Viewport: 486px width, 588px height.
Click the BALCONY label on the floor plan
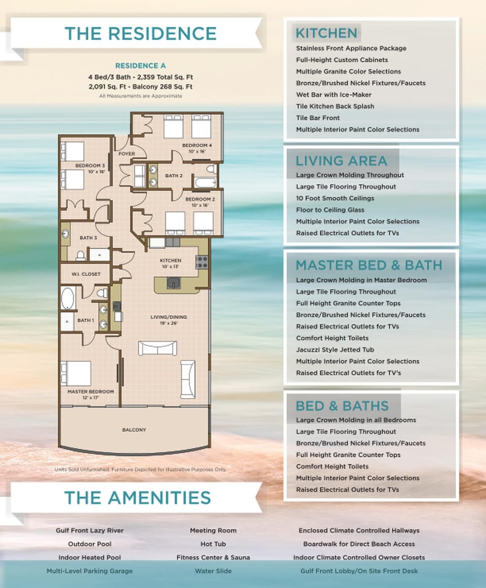coord(134,430)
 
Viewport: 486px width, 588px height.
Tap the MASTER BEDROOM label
coord(91,391)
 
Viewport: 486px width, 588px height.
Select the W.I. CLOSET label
coord(86,274)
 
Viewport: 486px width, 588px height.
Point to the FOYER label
coord(127,154)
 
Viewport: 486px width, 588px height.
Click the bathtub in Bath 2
coord(206,183)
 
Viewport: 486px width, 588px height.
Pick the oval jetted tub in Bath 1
coord(68,298)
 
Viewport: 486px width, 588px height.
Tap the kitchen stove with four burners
coord(201,262)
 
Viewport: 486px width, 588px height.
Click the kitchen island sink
coord(173,283)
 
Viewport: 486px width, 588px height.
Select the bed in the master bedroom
coord(76,373)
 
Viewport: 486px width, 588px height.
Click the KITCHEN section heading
coord(327,33)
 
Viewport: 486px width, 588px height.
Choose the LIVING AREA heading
coord(341,161)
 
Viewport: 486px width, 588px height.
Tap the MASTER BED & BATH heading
coord(369,265)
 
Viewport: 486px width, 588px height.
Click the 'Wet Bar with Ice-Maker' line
coord(334,95)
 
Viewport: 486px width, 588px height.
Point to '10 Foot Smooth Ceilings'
coord(335,199)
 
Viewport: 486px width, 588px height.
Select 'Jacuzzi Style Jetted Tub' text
coord(335,350)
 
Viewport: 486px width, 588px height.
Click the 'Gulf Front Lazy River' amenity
coord(90,531)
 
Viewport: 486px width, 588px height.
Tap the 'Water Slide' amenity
coord(213,571)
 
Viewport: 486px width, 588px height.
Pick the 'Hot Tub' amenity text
coord(213,544)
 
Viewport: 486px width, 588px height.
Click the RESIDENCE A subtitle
coord(141,66)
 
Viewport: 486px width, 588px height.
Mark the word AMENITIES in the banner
coord(159,498)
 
